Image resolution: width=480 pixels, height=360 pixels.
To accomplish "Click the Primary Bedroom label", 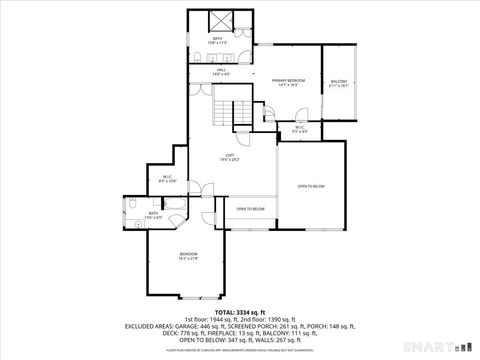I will [288, 82].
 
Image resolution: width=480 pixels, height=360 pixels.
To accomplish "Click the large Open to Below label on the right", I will [311, 186].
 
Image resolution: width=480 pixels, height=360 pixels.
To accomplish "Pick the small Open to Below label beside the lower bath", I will [250, 209].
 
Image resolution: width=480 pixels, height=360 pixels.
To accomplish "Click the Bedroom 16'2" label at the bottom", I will [188, 257].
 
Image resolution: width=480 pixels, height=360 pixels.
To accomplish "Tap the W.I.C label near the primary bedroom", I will [300, 128].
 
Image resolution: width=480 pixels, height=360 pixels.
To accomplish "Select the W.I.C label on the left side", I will [168, 180].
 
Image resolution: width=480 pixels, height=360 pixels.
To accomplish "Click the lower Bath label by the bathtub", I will [154, 215].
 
